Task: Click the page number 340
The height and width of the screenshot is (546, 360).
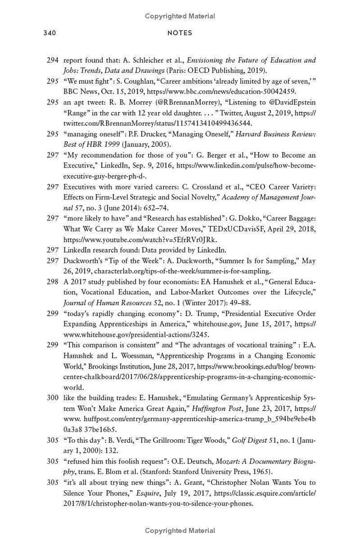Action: tap(49, 33)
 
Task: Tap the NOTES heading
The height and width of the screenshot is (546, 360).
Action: tap(180, 33)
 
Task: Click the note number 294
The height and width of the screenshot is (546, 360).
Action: tap(52, 60)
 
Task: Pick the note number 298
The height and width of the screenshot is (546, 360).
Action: tap(52, 282)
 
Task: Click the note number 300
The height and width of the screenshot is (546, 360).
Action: tap(52, 398)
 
